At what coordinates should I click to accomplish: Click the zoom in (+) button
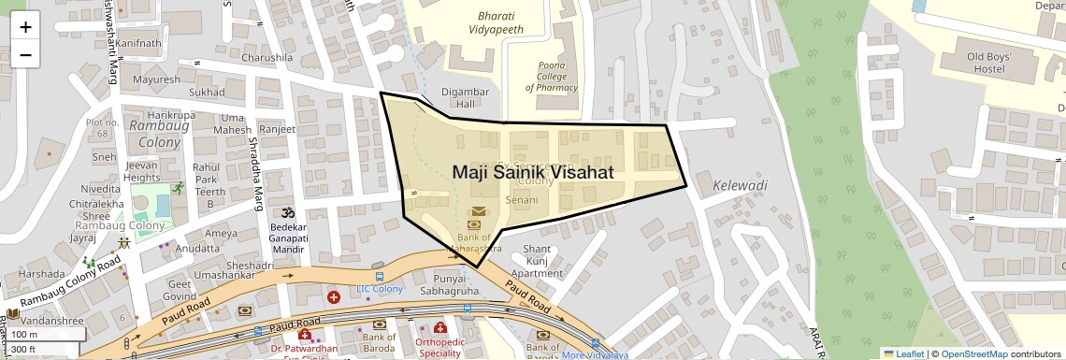pos(25,27)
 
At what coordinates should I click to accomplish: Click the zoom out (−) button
pos(25,54)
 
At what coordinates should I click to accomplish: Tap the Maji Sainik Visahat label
pos(533,172)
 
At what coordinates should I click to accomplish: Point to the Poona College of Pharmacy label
pos(551,77)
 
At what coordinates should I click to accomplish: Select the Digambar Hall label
pos(465,97)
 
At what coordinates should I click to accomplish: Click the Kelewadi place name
pos(740,185)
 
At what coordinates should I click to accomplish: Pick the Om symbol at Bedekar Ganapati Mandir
pos(287,211)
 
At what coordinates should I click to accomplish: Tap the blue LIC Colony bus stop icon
pos(379,277)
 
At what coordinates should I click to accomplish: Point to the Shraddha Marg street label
pos(253,165)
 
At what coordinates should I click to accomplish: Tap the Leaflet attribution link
pos(904,353)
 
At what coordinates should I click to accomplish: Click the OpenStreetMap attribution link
pos(973,353)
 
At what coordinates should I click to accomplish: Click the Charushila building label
pos(266,57)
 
